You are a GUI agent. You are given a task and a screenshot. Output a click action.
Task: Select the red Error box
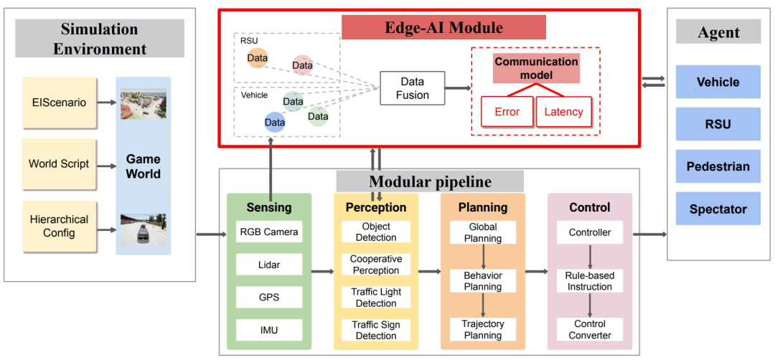507,112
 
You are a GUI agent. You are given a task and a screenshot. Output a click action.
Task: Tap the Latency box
563,112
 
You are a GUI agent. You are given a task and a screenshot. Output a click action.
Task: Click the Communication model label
536,68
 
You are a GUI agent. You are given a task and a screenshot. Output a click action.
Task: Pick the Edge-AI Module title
443,27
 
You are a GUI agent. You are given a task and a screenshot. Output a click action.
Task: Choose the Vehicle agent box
718,82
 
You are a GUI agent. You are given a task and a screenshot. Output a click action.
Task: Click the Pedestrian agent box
718,166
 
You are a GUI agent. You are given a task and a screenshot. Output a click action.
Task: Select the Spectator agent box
718,209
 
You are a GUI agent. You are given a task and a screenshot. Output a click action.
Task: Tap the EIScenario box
59,102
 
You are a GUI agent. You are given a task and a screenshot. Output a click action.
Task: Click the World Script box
59,164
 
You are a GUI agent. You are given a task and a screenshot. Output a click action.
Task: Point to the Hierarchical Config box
59,226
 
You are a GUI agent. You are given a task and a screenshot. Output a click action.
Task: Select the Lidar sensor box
269,265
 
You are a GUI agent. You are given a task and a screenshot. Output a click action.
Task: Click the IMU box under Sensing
269,330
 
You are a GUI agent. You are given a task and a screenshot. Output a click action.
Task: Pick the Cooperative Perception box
376,265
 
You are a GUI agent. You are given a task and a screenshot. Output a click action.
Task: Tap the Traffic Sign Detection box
376,330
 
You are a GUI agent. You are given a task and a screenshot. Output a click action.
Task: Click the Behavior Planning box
483,280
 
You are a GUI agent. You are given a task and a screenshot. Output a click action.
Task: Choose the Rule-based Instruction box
590,280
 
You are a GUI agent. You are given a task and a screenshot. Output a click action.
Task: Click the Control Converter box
590,330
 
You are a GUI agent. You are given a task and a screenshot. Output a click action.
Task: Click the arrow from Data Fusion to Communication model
457,88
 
